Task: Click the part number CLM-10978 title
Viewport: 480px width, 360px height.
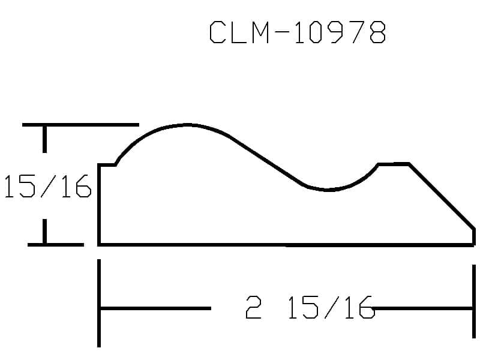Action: click(x=298, y=32)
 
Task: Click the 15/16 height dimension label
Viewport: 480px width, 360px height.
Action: click(x=48, y=186)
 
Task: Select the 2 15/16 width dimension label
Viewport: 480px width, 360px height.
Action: click(x=310, y=307)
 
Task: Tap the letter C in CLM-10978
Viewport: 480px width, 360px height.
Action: click(x=217, y=32)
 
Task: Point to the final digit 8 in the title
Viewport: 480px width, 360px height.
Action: click(x=378, y=32)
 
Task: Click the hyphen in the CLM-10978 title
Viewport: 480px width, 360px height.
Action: click(x=281, y=32)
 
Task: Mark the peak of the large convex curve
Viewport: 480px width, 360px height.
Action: click(x=187, y=125)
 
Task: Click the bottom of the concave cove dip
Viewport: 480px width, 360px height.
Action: click(x=328, y=190)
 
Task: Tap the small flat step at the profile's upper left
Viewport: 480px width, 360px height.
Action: click(x=107, y=165)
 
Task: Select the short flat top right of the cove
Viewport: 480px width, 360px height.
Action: click(x=394, y=164)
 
